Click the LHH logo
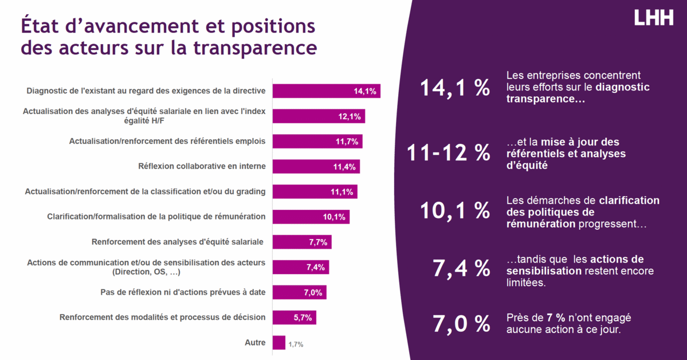pos(653,18)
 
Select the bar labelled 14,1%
pos(326,91)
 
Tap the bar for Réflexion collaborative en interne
pos(316,167)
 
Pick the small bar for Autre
pos(279,343)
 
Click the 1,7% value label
pos(296,345)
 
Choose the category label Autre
pos(254,343)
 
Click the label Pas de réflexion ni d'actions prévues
pos(183,292)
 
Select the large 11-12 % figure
pos(448,152)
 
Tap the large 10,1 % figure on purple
pos(455,211)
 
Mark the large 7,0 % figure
pos(461,324)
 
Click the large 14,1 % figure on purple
pos(455,88)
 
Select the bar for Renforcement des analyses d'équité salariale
pos(301,242)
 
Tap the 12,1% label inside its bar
pos(350,117)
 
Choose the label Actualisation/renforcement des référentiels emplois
pos(167,141)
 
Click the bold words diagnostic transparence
pos(578,93)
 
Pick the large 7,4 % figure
pos(461,268)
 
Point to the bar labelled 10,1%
pos(311,217)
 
